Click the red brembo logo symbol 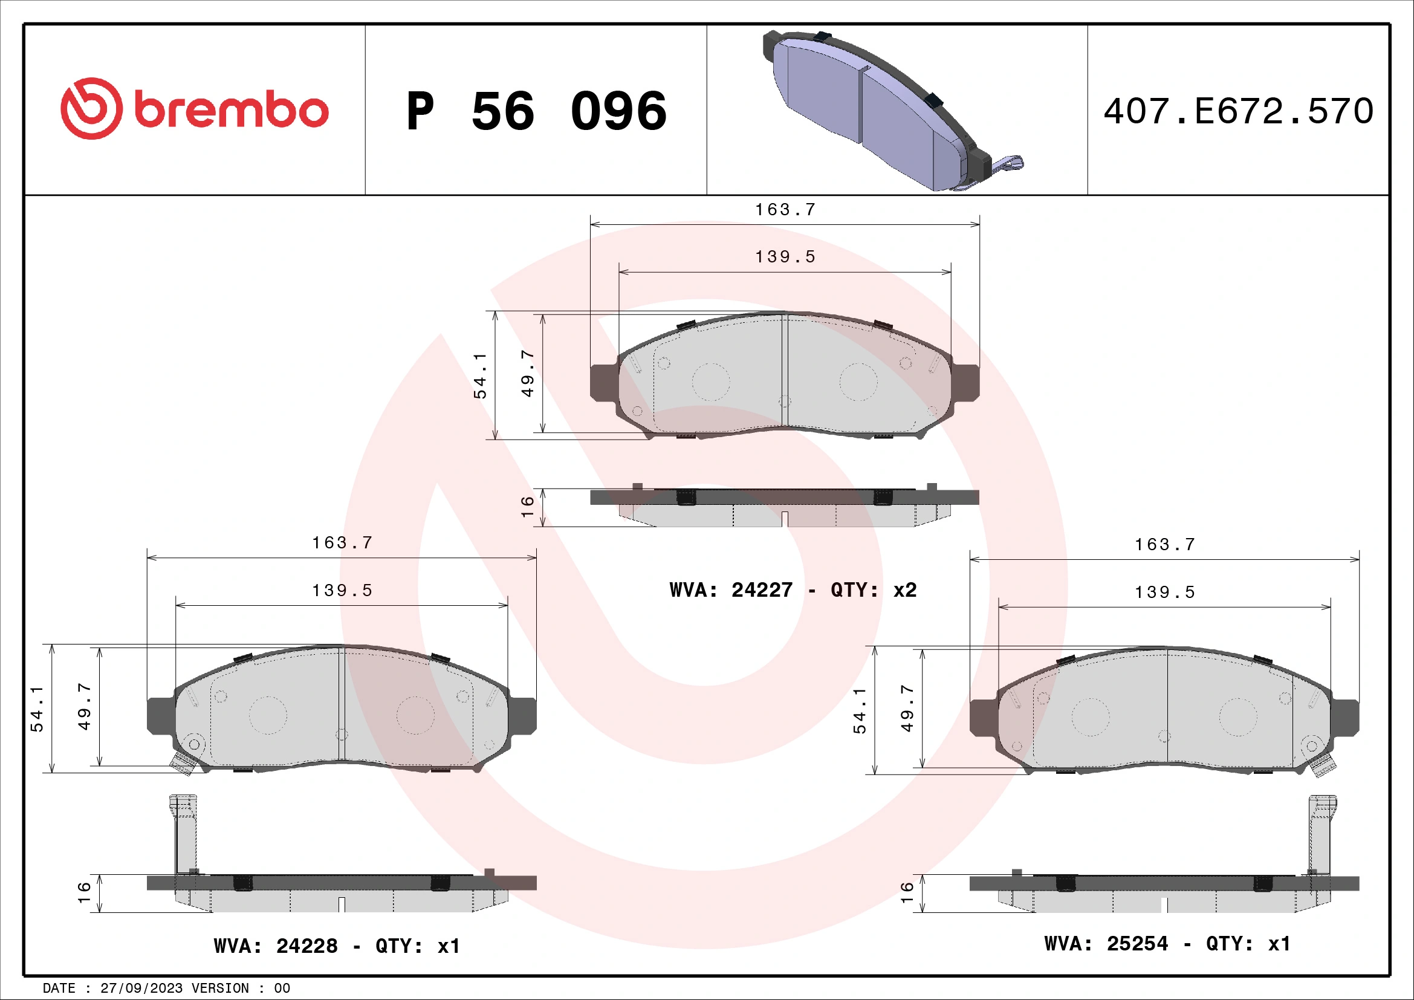coord(91,108)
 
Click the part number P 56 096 coord(536,111)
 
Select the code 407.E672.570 coord(1238,111)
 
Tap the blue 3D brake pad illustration coord(887,111)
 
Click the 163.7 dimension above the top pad coord(785,210)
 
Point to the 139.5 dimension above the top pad coord(785,257)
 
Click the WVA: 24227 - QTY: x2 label coord(793,590)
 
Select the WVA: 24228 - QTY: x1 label coord(336,946)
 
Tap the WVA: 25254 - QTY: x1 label coord(1167,943)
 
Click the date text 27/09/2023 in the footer coord(141,989)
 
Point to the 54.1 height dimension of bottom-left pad coord(37,709)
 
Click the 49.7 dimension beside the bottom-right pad coord(907,708)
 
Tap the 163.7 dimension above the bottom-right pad coord(1164,545)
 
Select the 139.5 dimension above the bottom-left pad coord(342,591)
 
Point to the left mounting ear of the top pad coord(603,381)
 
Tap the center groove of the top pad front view coord(785,369)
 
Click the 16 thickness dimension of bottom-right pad coord(907,892)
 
